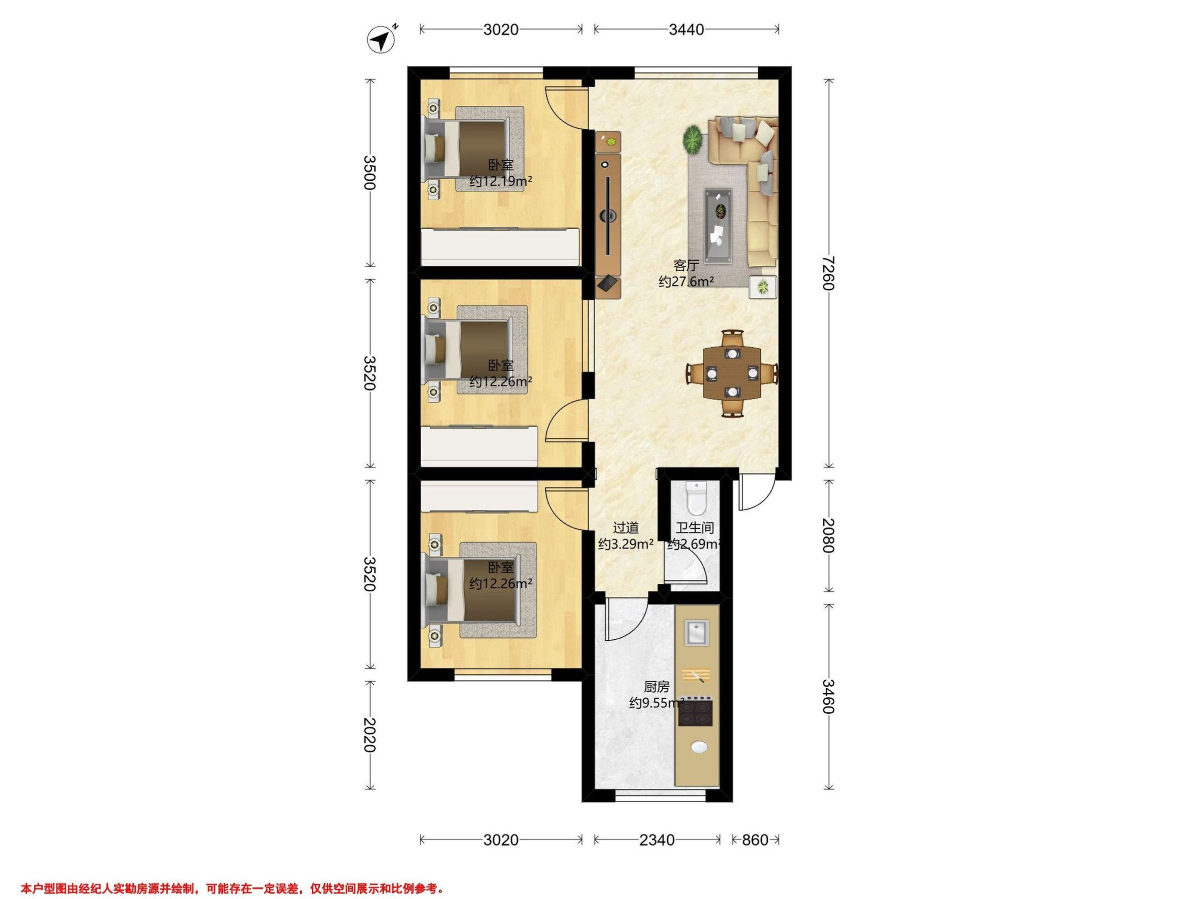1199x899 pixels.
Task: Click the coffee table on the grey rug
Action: tap(718, 218)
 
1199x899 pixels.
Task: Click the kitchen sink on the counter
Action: tap(696, 632)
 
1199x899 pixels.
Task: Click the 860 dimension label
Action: tap(755, 840)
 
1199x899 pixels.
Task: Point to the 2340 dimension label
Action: tap(657, 840)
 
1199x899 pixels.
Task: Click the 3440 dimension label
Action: tap(686, 30)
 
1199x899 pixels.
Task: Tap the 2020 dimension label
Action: tap(369, 735)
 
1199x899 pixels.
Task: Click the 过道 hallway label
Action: tap(625, 527)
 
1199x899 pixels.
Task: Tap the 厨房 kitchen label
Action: tap(656, 687)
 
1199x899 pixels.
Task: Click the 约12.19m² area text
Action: tap(500, 181)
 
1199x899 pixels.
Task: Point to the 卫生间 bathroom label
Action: tap(694, 527)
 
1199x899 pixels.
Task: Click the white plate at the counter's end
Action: tap(700, 747)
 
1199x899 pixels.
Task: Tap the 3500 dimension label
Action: tap(369, 173)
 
